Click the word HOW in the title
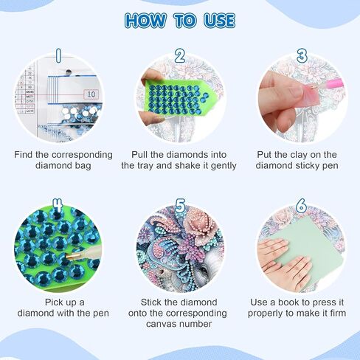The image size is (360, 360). pyautogui.click(x=145, y=20)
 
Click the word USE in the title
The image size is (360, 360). pyautogui.click(x=220, y=20)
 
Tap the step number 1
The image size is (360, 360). pyautogui.click(x=58, y=55)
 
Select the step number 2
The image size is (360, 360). pyautogui.click(x=180, y=55)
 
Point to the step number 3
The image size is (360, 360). pyautogui.click(x=302, y=55)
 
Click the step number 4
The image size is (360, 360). pyautogui.click(x=58, y=205)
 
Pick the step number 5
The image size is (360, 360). pyautogui.click(x=180, y=206)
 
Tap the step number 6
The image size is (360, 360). pyautogui.click(x=301, y=206)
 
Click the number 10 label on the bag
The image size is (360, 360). pyautogui.click(x=91, y=94)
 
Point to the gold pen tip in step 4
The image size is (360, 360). pyautogui.click(x=71, y=257)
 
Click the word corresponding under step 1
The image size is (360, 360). pyautogui.click(x=82, y=155)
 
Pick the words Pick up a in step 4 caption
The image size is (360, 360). pyautogui.click(x=64, y=302)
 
